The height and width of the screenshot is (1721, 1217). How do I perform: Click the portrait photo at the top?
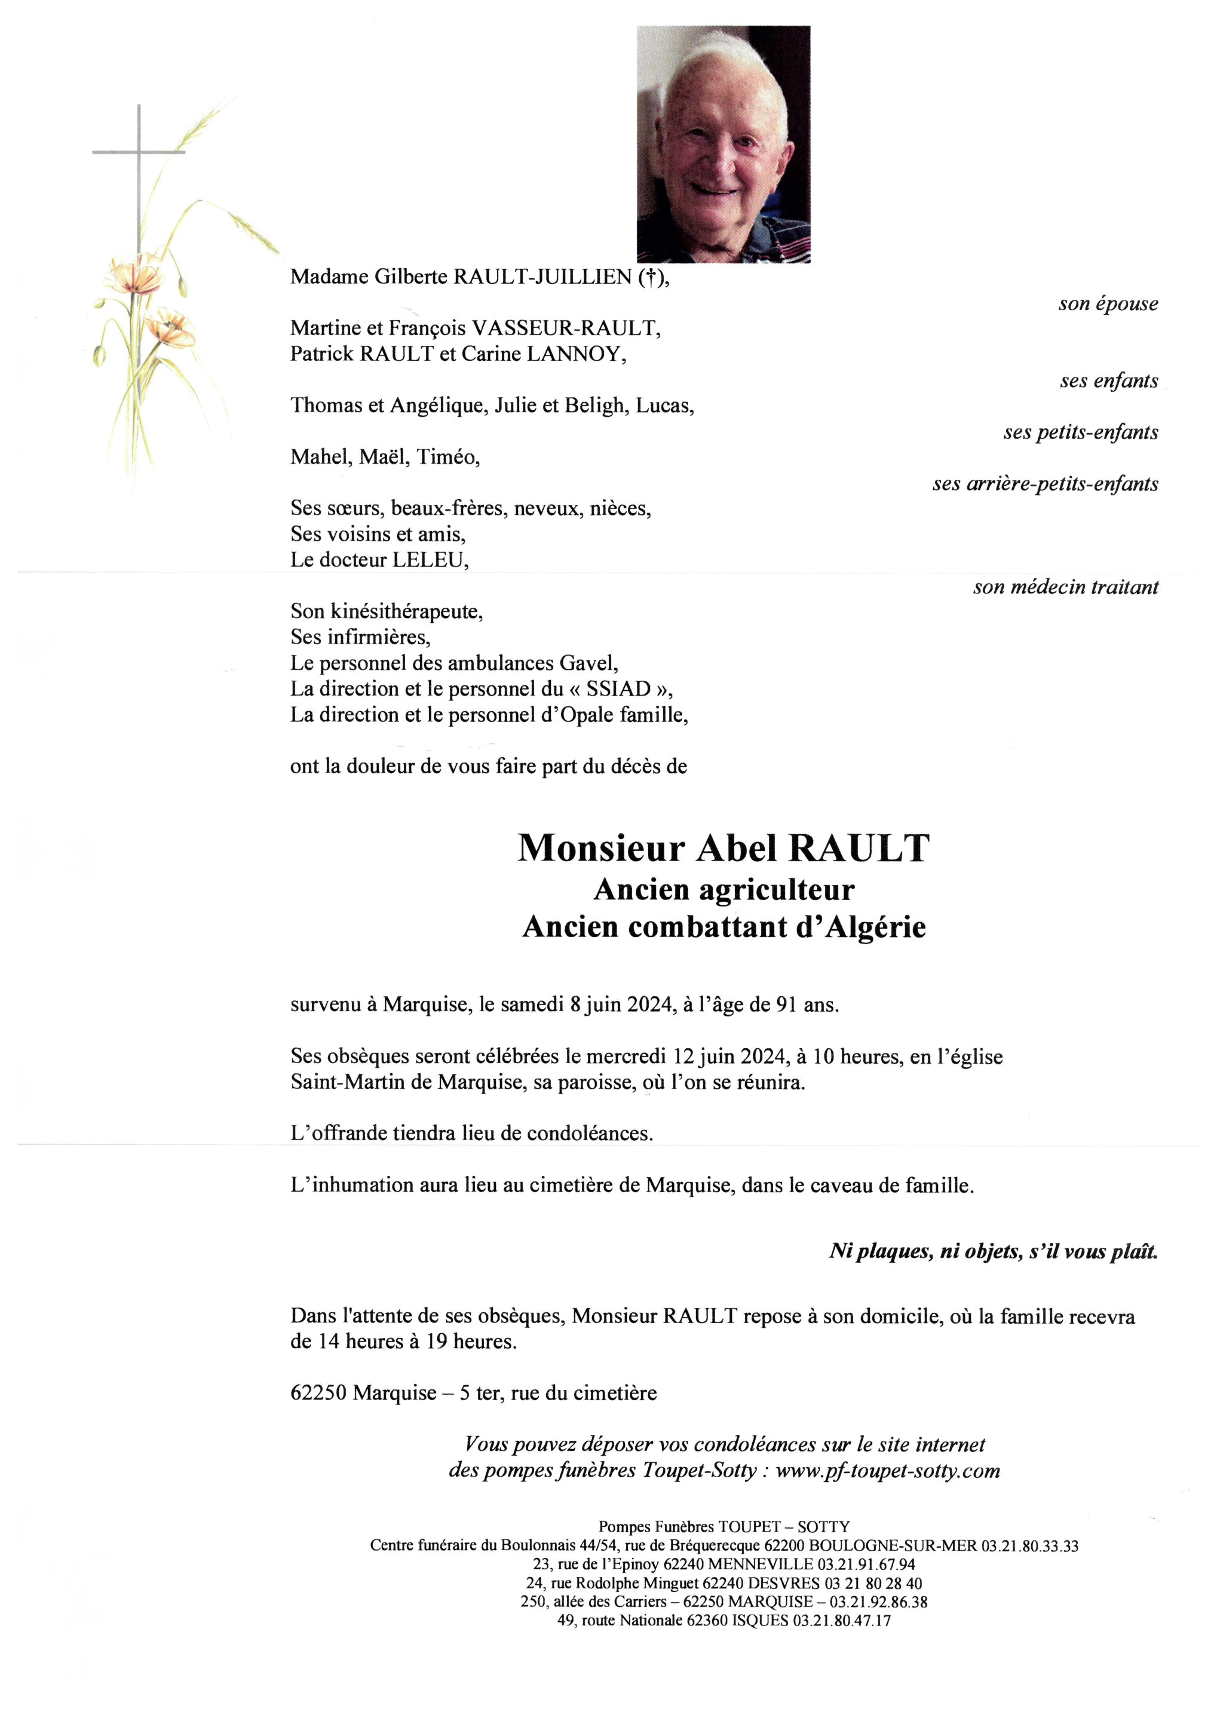coord(723,144)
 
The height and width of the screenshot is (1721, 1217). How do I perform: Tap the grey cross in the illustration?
coord(139,154)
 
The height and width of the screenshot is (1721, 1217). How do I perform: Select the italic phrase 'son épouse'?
coord(1108,304)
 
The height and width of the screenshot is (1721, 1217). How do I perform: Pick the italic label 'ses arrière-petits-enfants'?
coord(1045,484)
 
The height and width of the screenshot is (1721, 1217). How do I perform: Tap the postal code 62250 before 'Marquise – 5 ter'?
coord(318,1394)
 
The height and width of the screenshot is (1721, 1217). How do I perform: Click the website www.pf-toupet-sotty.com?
coord(887,1471)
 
